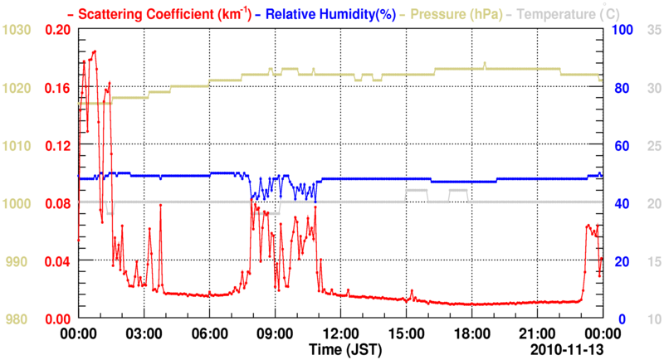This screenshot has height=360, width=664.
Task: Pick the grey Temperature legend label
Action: [561, 14]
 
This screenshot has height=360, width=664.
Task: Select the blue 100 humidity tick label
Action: [622, 30]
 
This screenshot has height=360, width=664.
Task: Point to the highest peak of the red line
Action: [95, 51]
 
